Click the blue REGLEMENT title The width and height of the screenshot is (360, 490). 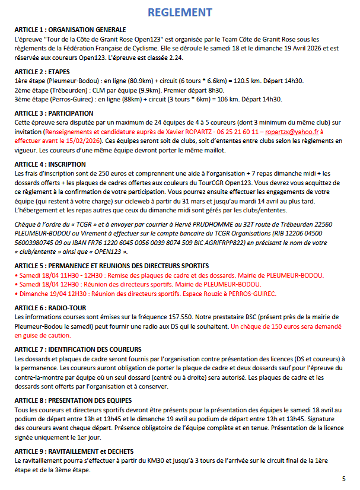tap(180, 12)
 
